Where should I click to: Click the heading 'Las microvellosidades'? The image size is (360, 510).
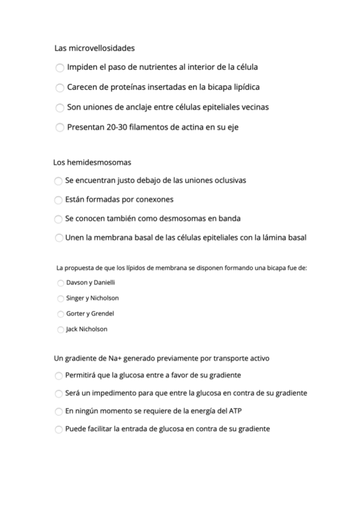click(x=94, y=48)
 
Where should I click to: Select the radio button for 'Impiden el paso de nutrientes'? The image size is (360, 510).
click(x=59, y=68)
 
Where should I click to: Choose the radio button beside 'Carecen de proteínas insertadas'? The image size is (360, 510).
click(x=59, y=88)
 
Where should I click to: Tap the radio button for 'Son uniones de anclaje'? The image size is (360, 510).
click(x=59, y=108)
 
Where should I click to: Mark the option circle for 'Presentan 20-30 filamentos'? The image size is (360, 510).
click(x=59, y=127)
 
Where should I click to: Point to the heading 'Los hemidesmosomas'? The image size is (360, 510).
click(x=92, y=162)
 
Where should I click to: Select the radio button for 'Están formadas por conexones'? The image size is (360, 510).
click(x=58, y=200)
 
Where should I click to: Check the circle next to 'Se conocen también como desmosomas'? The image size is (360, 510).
click(x=58, y=219)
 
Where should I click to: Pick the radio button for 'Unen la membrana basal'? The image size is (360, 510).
click(x=58, y=238)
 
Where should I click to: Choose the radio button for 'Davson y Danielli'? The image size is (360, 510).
click(x=60, y=283)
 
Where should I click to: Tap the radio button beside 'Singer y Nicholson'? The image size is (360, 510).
click(x=60, y=298)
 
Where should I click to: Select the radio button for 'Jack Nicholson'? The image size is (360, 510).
click(x=60, y=330)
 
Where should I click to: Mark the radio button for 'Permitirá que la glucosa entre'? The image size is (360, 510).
click(x=58, y=376)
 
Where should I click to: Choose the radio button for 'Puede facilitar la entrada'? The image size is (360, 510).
click(x=58, y=429)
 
